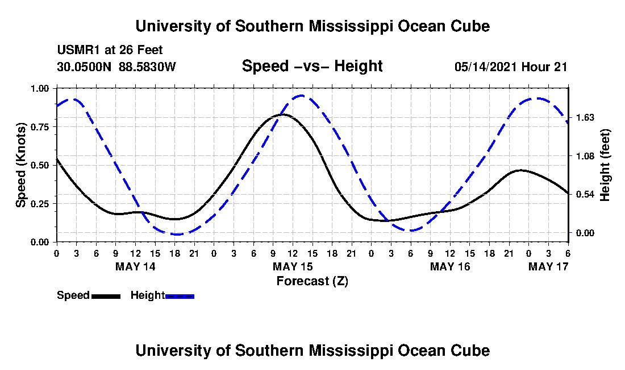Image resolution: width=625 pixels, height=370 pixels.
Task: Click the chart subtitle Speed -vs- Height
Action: [312, 66]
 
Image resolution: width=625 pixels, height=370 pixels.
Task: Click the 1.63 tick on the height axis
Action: [585, 118]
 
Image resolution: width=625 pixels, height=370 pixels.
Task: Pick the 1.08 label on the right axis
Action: [585, 156]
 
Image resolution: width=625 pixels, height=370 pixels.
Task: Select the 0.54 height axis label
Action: [585, 194]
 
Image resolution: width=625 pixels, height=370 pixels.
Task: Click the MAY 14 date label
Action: [135, 266]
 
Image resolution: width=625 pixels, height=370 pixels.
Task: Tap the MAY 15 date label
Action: [293, 266]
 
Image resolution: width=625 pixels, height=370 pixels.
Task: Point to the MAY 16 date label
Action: [450, 266]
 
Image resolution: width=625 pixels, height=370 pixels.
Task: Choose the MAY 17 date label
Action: [548, 266]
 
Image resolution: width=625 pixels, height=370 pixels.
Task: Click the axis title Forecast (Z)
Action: [312, 281]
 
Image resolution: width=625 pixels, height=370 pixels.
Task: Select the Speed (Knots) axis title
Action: [21, 165]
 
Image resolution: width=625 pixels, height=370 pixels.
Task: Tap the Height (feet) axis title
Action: [605, 165]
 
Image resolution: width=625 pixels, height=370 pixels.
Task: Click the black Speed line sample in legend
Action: [106, 296]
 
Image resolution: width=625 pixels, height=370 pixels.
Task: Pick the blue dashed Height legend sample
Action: [180, 296]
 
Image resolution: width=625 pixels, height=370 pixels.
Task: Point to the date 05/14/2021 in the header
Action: [486, 67]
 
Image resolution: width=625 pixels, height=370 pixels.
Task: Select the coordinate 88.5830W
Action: [147, 67]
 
